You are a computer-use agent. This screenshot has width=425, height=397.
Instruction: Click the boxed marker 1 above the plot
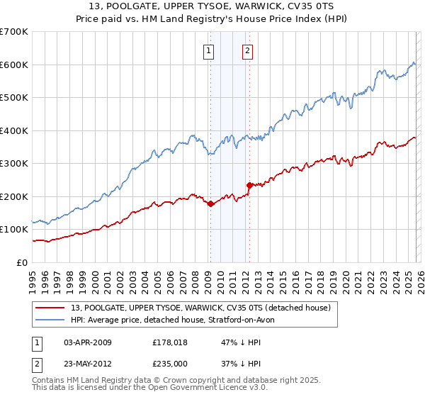point(210,50)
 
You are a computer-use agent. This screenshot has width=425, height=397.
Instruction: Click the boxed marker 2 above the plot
point(247,50)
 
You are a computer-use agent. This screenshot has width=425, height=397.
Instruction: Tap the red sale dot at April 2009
point(210,204)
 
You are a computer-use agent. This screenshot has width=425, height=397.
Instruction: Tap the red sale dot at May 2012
point(249,185)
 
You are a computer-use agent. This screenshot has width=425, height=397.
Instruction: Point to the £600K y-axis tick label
point(14,65)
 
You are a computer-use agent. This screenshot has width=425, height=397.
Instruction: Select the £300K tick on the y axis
point(14,164)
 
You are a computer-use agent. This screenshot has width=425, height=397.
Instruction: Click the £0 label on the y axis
point(23,262)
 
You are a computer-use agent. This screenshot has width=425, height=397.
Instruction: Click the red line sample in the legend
point(50,308)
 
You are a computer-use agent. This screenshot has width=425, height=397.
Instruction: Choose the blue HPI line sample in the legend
point(50,320)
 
